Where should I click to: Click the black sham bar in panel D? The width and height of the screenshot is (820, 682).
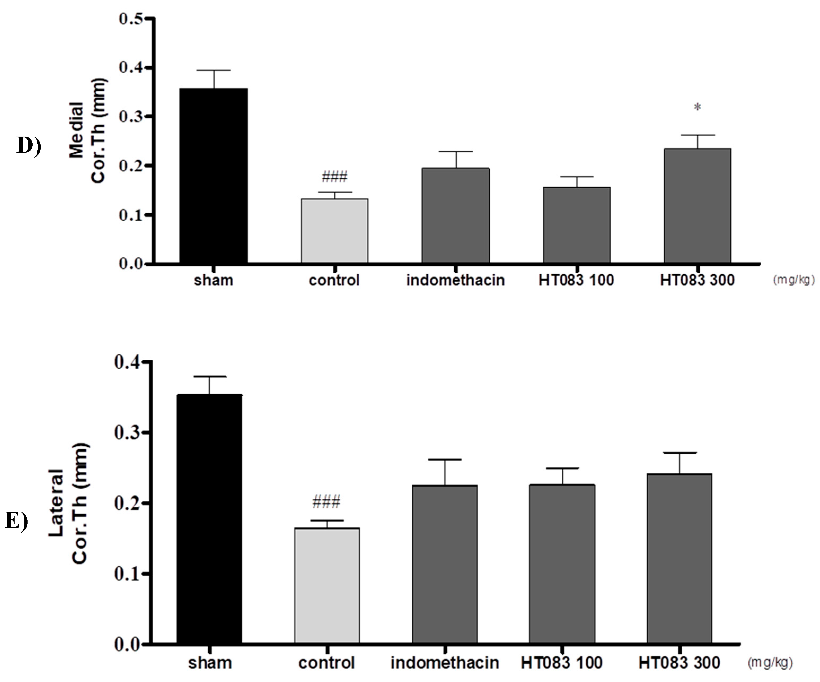click(213, 176)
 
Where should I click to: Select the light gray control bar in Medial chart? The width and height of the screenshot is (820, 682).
click(334, 231)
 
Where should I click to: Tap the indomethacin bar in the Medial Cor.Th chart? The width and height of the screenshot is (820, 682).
click(455, 215)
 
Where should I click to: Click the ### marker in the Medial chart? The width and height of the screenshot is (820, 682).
click(334, 177)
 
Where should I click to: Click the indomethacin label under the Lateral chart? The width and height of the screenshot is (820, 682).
click(444, 662)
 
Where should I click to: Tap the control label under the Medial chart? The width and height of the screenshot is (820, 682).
click(334, 280)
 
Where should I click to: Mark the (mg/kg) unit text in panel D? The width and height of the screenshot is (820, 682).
click(794, 280)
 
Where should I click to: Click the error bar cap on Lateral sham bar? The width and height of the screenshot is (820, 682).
click(210, 376)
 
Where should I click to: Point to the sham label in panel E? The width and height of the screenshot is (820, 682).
click(210, 662)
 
